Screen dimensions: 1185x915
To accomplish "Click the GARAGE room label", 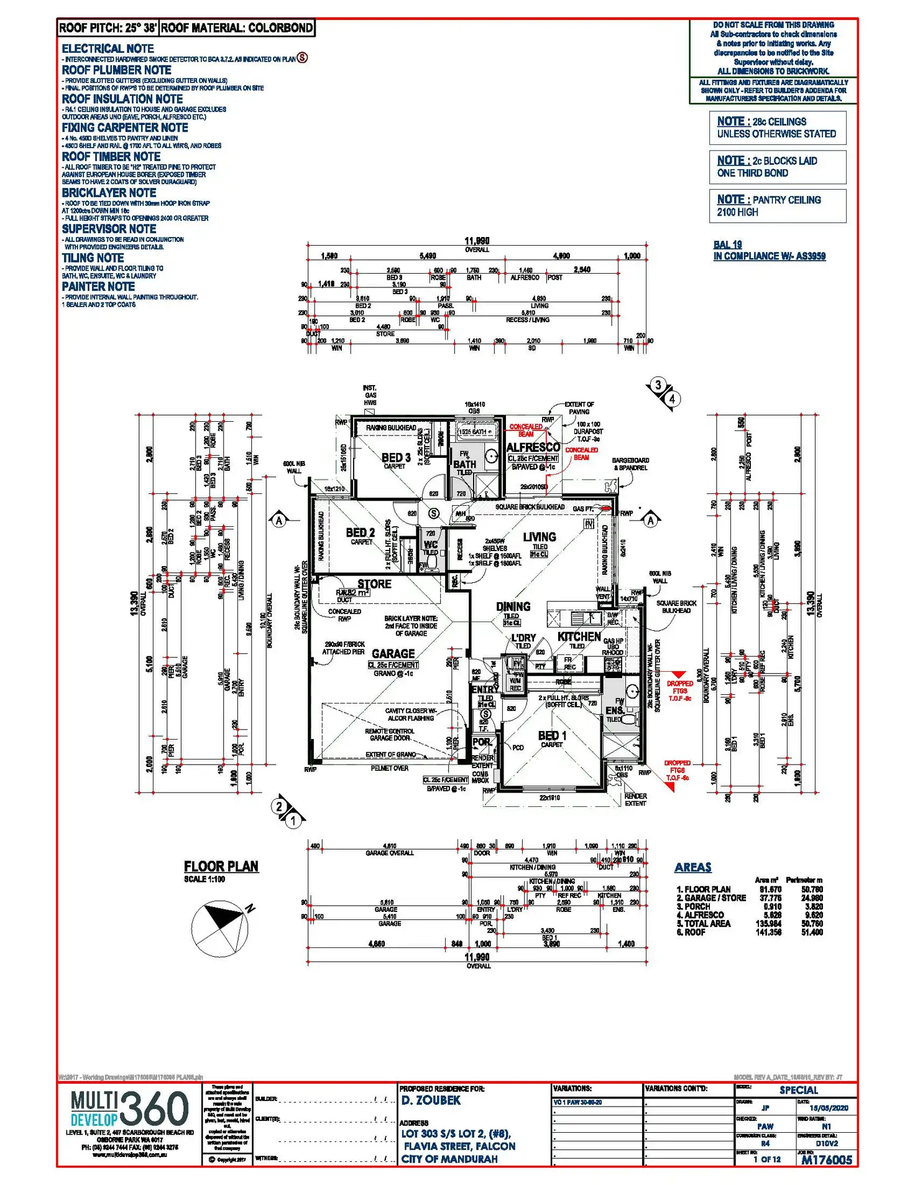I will point(393,654).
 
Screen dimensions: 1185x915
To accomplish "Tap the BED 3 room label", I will point(396,458).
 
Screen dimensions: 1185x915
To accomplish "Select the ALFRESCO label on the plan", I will point(533,447).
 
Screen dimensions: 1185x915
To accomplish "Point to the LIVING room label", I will point(539,537).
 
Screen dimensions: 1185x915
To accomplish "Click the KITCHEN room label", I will point(579,636).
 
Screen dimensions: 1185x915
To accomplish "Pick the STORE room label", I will point(374,584).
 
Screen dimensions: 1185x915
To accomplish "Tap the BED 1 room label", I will point(552,736).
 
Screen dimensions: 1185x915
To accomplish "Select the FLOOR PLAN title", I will point(221,867).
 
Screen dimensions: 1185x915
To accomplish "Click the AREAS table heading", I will point(692,867).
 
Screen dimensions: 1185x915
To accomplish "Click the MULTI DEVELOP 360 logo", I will point(129,1109).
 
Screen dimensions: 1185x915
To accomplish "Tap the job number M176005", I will point(826,1159).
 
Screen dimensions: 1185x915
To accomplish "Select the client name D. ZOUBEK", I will point(431,1100).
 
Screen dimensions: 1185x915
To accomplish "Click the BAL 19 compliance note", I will point(727,244).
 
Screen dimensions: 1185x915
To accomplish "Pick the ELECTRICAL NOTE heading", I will point(108,49).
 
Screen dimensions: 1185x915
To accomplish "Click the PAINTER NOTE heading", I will point(98,287).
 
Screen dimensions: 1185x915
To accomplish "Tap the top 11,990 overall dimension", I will point(477,241).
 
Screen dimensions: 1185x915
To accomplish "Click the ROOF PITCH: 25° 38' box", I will point(108,28).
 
